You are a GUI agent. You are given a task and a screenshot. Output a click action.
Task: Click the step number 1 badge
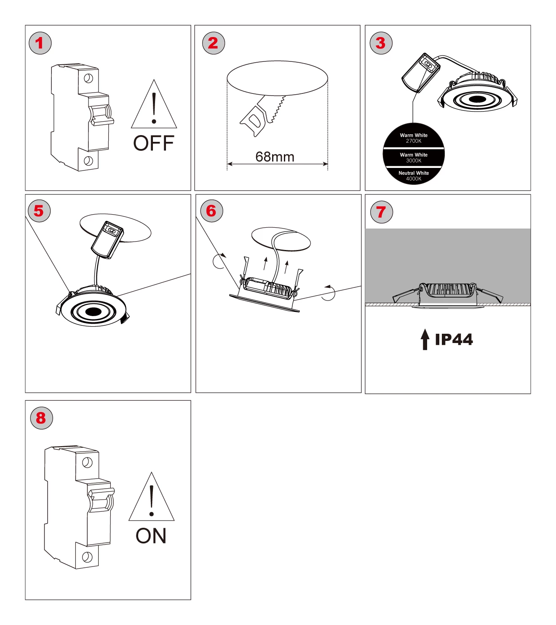point(40,43)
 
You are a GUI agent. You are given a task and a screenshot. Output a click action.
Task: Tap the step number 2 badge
point(214,43)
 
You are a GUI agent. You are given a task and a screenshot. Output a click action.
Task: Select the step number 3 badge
point(381,43)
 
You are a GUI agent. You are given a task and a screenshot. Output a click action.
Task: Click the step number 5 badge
point(39,211)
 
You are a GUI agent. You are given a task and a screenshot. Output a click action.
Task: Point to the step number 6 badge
point(211,211)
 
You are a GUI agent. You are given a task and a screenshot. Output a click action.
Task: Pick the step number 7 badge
point(382,212)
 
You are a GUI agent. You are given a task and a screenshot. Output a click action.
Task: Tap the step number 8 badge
point(41,418)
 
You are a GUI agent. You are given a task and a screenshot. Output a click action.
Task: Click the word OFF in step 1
point(154,144)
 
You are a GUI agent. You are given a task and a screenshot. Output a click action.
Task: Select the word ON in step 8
point(151,536)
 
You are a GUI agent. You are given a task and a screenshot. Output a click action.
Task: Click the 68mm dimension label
point(275,157)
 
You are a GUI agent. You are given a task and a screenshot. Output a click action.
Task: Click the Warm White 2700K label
point(414,138)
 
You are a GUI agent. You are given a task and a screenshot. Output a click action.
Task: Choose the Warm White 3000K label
point(414,157)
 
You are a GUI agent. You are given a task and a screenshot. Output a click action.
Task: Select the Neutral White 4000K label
point(414,176)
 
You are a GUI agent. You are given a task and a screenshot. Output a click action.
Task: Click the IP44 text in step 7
point(454,339)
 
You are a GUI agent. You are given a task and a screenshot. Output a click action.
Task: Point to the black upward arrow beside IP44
point(425,339)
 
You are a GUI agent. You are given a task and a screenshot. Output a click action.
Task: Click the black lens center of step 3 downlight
point(477,99)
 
